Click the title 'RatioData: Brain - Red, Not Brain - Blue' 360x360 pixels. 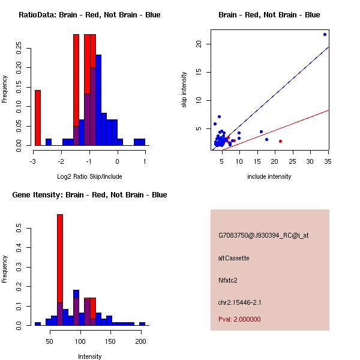89,15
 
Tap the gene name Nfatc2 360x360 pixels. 228,280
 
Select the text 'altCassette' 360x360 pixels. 233,258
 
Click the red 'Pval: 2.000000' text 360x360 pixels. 239,319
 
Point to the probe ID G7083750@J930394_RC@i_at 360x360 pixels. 263,236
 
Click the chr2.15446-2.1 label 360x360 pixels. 240,302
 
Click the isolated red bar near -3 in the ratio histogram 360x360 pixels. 38,118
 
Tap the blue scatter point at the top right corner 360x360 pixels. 325,34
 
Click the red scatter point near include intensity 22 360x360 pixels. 280,141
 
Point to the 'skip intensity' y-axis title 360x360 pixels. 184,91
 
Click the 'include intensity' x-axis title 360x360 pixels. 269,177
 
